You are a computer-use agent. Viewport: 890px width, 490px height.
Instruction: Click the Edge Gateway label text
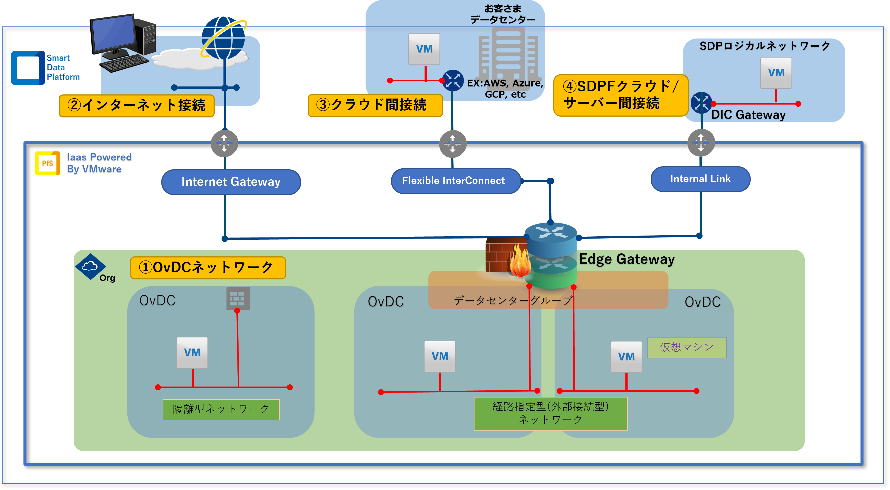tap(626, 259)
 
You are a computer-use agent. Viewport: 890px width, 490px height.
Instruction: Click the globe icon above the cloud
tap(223, 38)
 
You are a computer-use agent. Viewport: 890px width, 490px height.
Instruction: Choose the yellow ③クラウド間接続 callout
tap(375, 105)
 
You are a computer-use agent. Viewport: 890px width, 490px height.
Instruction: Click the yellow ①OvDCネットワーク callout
tap(208, 268)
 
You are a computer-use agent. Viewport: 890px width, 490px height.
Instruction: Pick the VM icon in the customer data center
tap(424, 49)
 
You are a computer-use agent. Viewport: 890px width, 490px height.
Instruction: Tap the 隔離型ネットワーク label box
tap(221, 409)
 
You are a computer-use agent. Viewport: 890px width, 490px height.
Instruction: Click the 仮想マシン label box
tap(687, 347)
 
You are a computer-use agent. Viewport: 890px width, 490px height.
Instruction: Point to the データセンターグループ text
tap(513, 300)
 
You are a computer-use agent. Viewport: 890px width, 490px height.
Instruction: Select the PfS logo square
tap(47, 163)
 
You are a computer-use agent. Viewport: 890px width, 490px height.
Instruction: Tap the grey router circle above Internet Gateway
tap(224, 143)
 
